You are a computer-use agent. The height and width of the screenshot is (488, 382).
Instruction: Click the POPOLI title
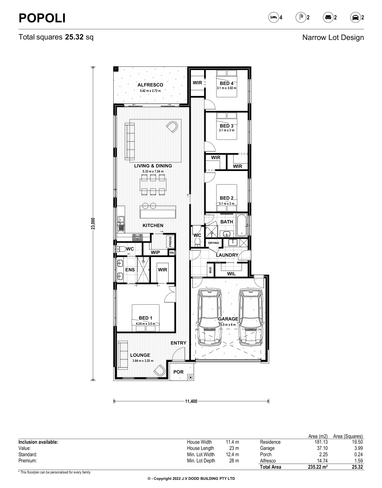(42, 18)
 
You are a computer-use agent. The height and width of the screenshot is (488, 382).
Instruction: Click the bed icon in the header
(274, 17)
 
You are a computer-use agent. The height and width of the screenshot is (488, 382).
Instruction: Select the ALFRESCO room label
(150, 85)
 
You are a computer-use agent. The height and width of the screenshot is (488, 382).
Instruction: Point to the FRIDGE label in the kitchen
(170, 241)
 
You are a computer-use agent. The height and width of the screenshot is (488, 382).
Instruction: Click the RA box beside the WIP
(172, 253)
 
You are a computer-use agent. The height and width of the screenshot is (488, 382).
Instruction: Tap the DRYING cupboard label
(213, 243)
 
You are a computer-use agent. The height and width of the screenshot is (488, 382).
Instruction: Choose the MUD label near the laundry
(210, 270)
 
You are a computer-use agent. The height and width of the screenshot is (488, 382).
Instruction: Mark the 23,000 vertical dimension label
(93, 223)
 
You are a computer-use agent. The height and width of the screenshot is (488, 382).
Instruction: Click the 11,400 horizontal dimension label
(191, 401)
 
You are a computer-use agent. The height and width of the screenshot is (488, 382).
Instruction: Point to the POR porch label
(178, 372)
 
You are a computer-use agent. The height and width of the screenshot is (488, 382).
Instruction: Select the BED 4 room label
(226, 83)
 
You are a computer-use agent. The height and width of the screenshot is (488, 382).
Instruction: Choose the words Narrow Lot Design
(333, 38)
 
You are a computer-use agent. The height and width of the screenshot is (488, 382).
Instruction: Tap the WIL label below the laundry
(231, 274)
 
